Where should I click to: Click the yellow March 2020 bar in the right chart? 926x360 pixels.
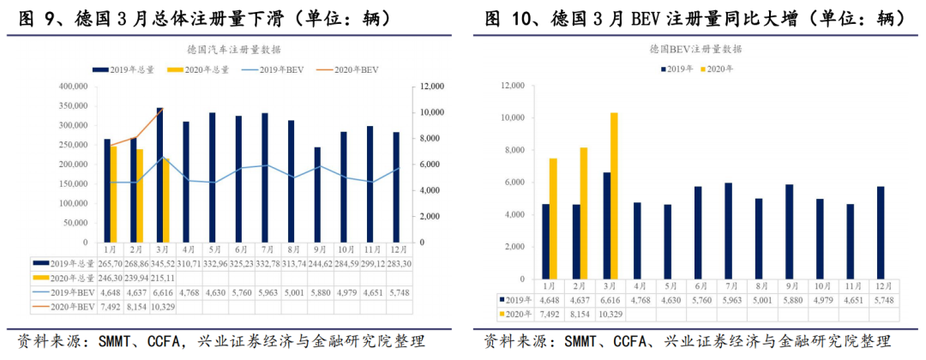[613, 197]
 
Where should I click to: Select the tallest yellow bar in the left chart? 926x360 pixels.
[112, 194]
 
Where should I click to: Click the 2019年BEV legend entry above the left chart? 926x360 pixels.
[275, 69]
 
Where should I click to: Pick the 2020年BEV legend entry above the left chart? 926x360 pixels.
[348, 69]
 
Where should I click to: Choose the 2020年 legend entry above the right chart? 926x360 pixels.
[718, 69]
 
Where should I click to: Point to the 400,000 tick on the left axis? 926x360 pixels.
[73, 87]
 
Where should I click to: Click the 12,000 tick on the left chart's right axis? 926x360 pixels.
[430, 87]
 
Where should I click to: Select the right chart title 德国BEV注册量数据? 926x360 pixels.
[695, 50]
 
